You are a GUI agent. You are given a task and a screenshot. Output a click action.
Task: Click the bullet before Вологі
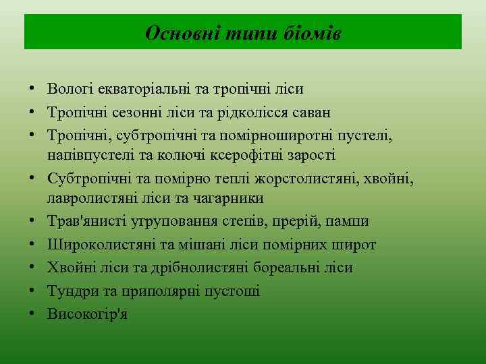click(x=32, y=88)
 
